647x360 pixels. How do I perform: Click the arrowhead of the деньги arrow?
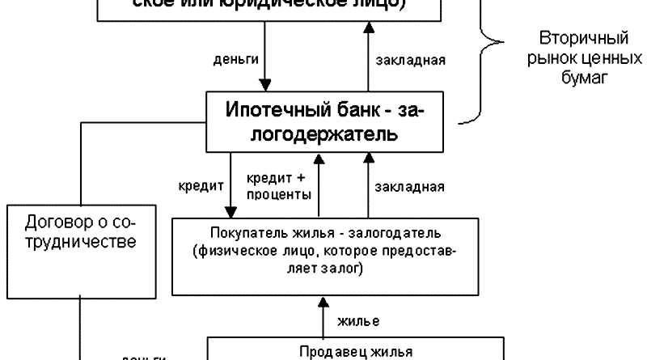(x=264, y=84)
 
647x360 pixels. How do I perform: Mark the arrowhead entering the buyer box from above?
(x=230, y=211)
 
